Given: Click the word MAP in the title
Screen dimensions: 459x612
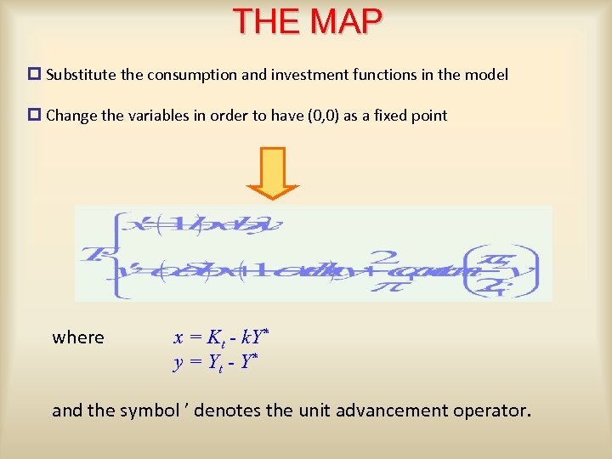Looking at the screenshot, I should pyautogui.click(x=344, y=21).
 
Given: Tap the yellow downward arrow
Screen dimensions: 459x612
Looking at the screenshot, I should pyautogui.click(x=273, y=173).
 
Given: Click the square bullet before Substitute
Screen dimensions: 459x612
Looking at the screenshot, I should pyautogui.click(x=35, y=75).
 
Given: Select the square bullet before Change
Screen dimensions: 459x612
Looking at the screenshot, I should pyautogui.click(x=35, y=116).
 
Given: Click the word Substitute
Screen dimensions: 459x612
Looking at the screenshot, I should pyautogui.click(x=82, y=75).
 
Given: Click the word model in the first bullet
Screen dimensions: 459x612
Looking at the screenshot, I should pyautogui.click(x=486, y=75).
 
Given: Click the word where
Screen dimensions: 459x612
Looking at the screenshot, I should pyautogui.click(x=78, y=337).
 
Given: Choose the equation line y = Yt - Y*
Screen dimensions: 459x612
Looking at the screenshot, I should pyautogui.click(x=215, y=362).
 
